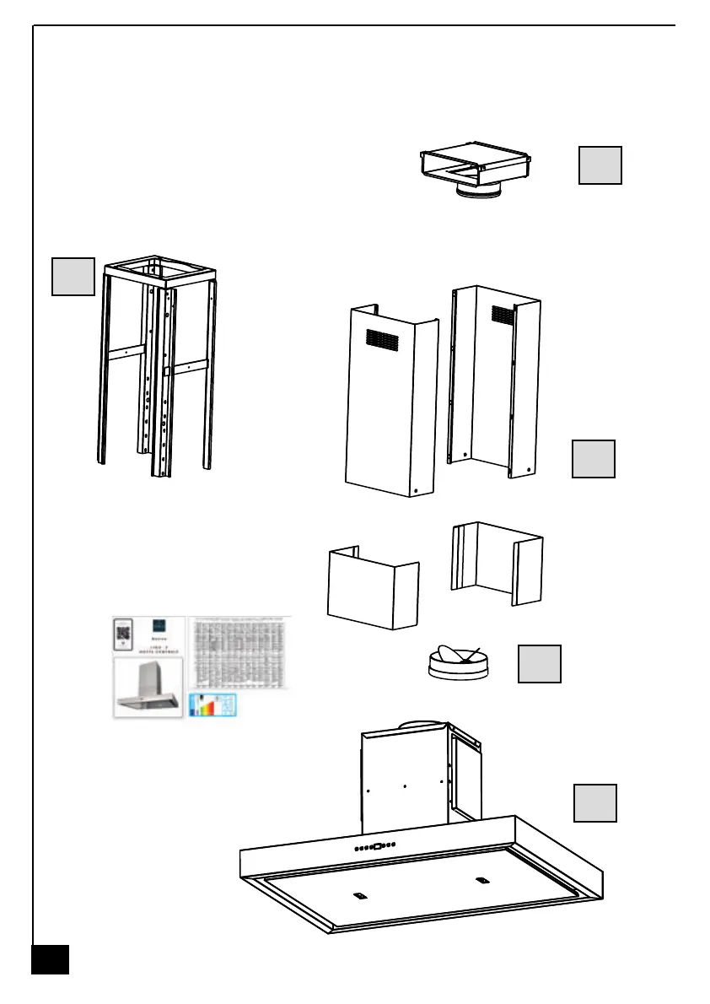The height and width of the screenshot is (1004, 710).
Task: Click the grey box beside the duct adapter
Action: (x=600, y=165)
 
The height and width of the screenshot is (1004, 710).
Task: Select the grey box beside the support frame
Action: (x=73, y=277)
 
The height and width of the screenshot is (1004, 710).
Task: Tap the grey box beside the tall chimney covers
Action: (x=594, y=458)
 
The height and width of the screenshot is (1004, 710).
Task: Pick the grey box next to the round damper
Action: (x=539, y=664)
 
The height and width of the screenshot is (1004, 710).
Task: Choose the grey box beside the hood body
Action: (x=595, y=802)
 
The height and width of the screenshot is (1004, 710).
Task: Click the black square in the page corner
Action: (x=50, y=959)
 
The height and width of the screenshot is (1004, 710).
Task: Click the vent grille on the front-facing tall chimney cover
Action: (x=382, y=339)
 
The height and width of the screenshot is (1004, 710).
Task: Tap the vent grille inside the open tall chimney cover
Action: (x=503, y=316)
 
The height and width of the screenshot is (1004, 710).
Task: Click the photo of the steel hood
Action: (x=149, y=688)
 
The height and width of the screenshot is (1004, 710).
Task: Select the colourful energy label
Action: (x=213, y=705)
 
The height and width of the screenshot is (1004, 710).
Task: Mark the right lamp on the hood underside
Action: (x=481, y=881)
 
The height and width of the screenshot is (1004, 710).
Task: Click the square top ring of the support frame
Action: (x=160, y=268)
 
